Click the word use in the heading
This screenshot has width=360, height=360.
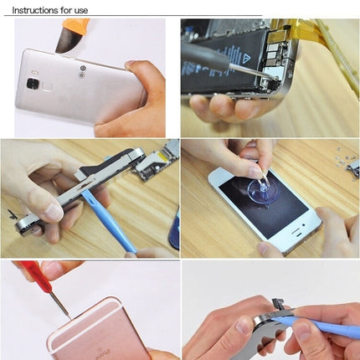pyautogui.click(x=77, y=10)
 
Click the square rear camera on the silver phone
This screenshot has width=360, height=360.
pyautogui.click(x=33, y=84)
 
